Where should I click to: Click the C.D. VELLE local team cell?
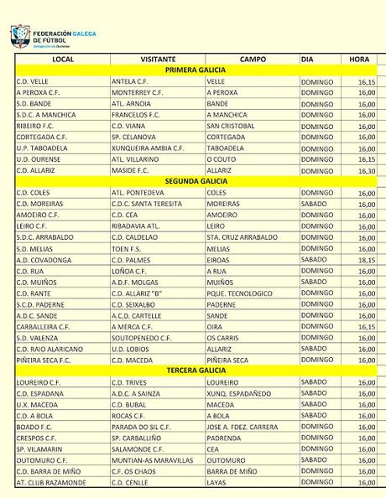click(33, 82)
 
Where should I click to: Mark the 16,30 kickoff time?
click(366, 170)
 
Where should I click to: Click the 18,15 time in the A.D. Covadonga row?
click(366, 259)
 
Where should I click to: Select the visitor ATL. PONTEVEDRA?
click(138, 193)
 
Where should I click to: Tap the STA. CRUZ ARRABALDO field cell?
click(242, 237)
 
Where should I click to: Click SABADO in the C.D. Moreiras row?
click(316, 204)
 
